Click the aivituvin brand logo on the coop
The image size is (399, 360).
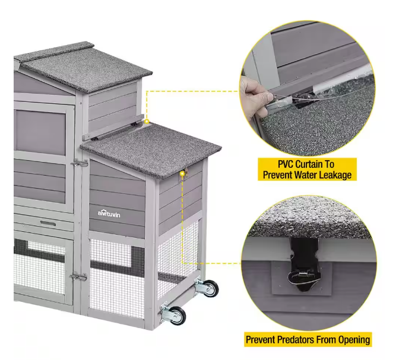point(109,214)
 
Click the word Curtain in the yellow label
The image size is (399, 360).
point(308,164)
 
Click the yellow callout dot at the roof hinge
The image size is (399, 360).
point(147,122)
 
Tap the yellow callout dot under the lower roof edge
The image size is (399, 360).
point(182,174)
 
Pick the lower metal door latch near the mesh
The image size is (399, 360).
point(78,276)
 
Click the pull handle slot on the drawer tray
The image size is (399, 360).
point(48,223)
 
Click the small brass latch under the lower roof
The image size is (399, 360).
point(186,171)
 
